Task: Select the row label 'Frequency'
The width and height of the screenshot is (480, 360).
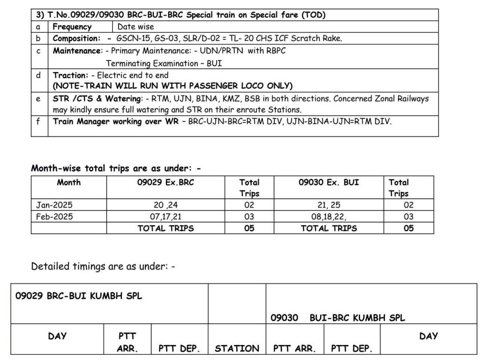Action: (x=72, y=27)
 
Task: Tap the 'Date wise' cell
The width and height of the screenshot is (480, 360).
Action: (x=135, y=27)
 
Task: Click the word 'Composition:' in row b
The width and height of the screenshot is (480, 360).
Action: (x=76, y=38)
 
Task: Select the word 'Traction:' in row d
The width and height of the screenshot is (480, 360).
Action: (x=70, y=75)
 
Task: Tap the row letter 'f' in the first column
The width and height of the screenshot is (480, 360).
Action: (x=38, y=121)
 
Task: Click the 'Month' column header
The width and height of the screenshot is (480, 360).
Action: (x=68, y=182)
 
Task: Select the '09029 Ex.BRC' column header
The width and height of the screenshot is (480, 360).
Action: (x=165, y=182)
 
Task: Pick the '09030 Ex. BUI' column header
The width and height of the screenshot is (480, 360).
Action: (x=329, y=182)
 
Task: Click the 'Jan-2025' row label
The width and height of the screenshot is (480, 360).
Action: (x=54, y=205)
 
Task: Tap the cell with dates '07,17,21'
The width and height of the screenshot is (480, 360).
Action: (x=165, y=217)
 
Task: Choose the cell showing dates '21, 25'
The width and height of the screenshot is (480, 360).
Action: (x=329, y=205)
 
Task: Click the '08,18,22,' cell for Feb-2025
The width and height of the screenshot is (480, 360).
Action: (x=329, y=217)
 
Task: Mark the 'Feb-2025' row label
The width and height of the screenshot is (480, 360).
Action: (x=54, y=217)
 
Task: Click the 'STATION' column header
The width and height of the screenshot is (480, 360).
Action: (x=237, y=348)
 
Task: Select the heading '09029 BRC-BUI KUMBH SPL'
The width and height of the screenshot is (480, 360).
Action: (x=79, y=296)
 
